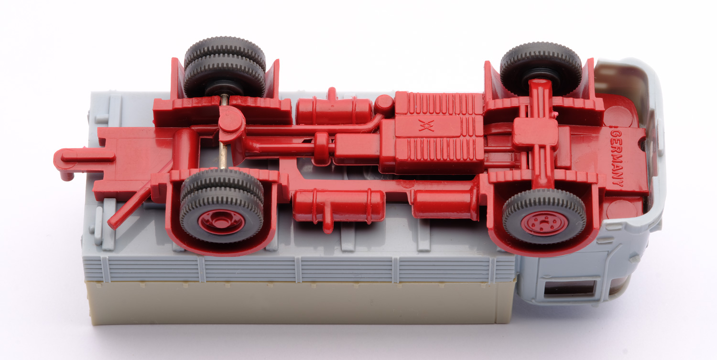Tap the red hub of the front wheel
click(x=544, y=223)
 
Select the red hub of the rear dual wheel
click(x=221, y=222)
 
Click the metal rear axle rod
click(x=223, y=131)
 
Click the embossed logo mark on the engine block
click(x=426, y=126)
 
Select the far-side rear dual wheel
click(x=225, y=67)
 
